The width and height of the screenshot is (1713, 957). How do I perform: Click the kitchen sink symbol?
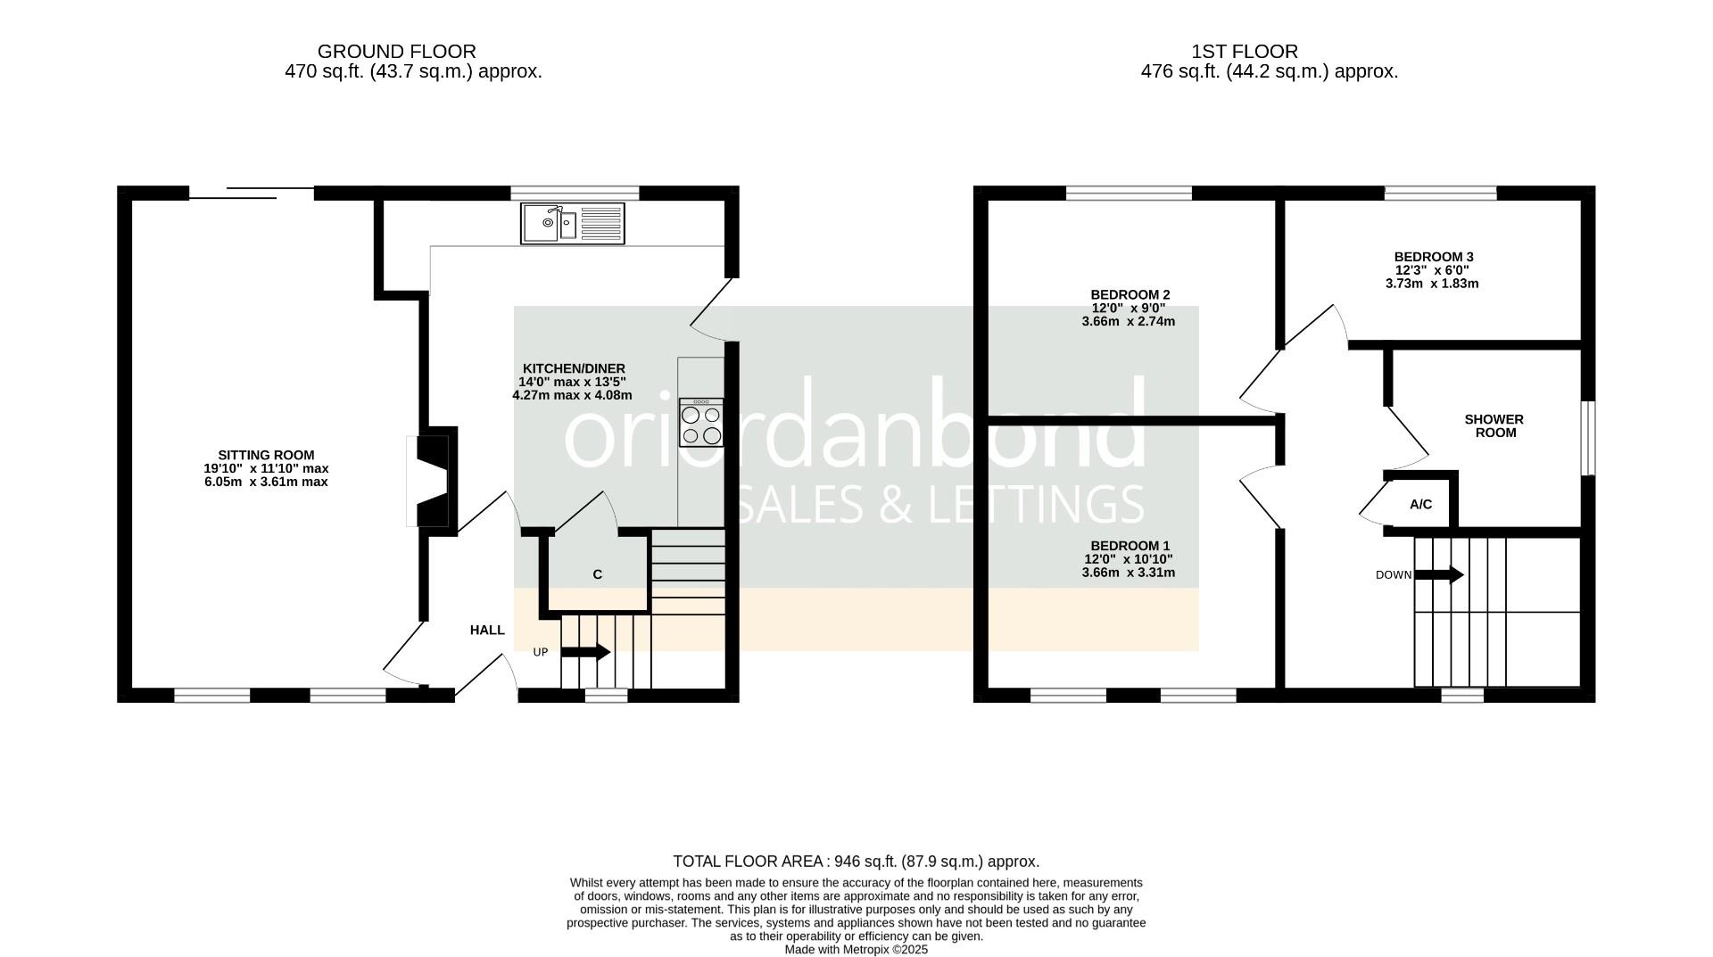click(x=573, y=223)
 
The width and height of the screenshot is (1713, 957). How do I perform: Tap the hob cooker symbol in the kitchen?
click(x=700, y=423)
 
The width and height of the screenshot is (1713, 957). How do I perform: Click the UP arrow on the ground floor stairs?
click(x=585, y=652)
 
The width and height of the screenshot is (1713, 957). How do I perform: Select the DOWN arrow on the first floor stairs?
click(x=1439, y=575)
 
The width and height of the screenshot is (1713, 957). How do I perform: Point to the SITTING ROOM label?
click(x=266, y=455)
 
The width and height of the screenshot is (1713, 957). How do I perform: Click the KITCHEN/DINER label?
click(x=574, y=368)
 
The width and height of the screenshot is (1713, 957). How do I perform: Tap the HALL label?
click(x=487, y=630)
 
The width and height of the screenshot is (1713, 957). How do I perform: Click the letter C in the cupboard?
click(x=598, y=574)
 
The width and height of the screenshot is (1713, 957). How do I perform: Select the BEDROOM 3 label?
click(x=1434, y=257)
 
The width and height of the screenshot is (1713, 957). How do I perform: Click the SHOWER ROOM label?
click(x=1494, y=425)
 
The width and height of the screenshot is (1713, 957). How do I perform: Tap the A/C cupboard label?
click(x=1421, y=504)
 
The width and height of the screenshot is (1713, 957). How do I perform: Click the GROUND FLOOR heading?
click(x=397, y=52)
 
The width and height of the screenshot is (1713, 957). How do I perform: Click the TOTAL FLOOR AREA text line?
click(x=856, y=862)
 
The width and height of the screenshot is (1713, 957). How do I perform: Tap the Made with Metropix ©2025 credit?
click(x=856, y=950)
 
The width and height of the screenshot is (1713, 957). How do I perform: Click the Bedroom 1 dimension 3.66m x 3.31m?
click(x=1129, y=573)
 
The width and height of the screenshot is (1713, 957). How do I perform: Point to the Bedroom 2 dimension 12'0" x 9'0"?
click(x=1129, y=308)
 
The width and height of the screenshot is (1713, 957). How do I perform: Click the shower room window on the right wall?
click(x=1588, y=438)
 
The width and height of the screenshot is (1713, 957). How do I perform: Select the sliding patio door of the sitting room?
click(x=252, y=193)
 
